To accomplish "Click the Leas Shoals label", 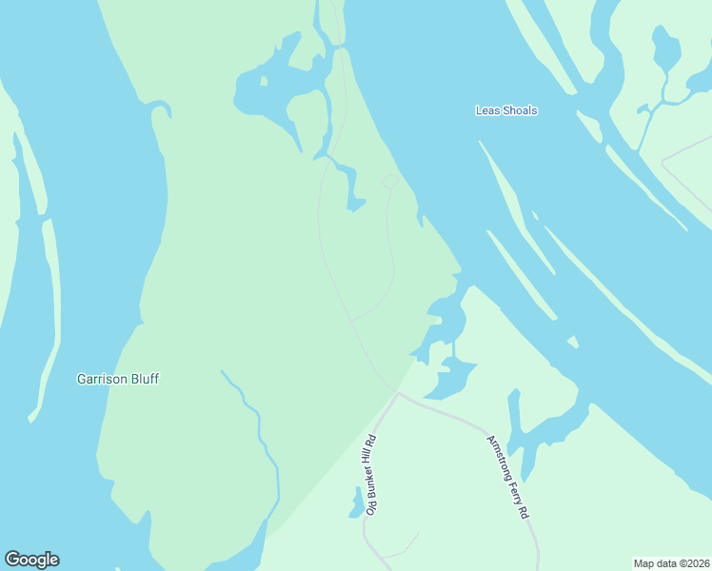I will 506,110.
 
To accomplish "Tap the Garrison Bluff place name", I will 118,379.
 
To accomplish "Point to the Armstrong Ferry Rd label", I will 507,477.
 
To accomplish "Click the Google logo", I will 32,560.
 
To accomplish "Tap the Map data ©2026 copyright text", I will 672,563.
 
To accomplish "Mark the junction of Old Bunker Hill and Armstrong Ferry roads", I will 398,393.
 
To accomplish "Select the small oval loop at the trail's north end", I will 390,181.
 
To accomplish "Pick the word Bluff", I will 145,379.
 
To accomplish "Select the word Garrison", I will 102,379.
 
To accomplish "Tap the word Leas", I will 486,110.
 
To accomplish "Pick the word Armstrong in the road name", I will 497,456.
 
